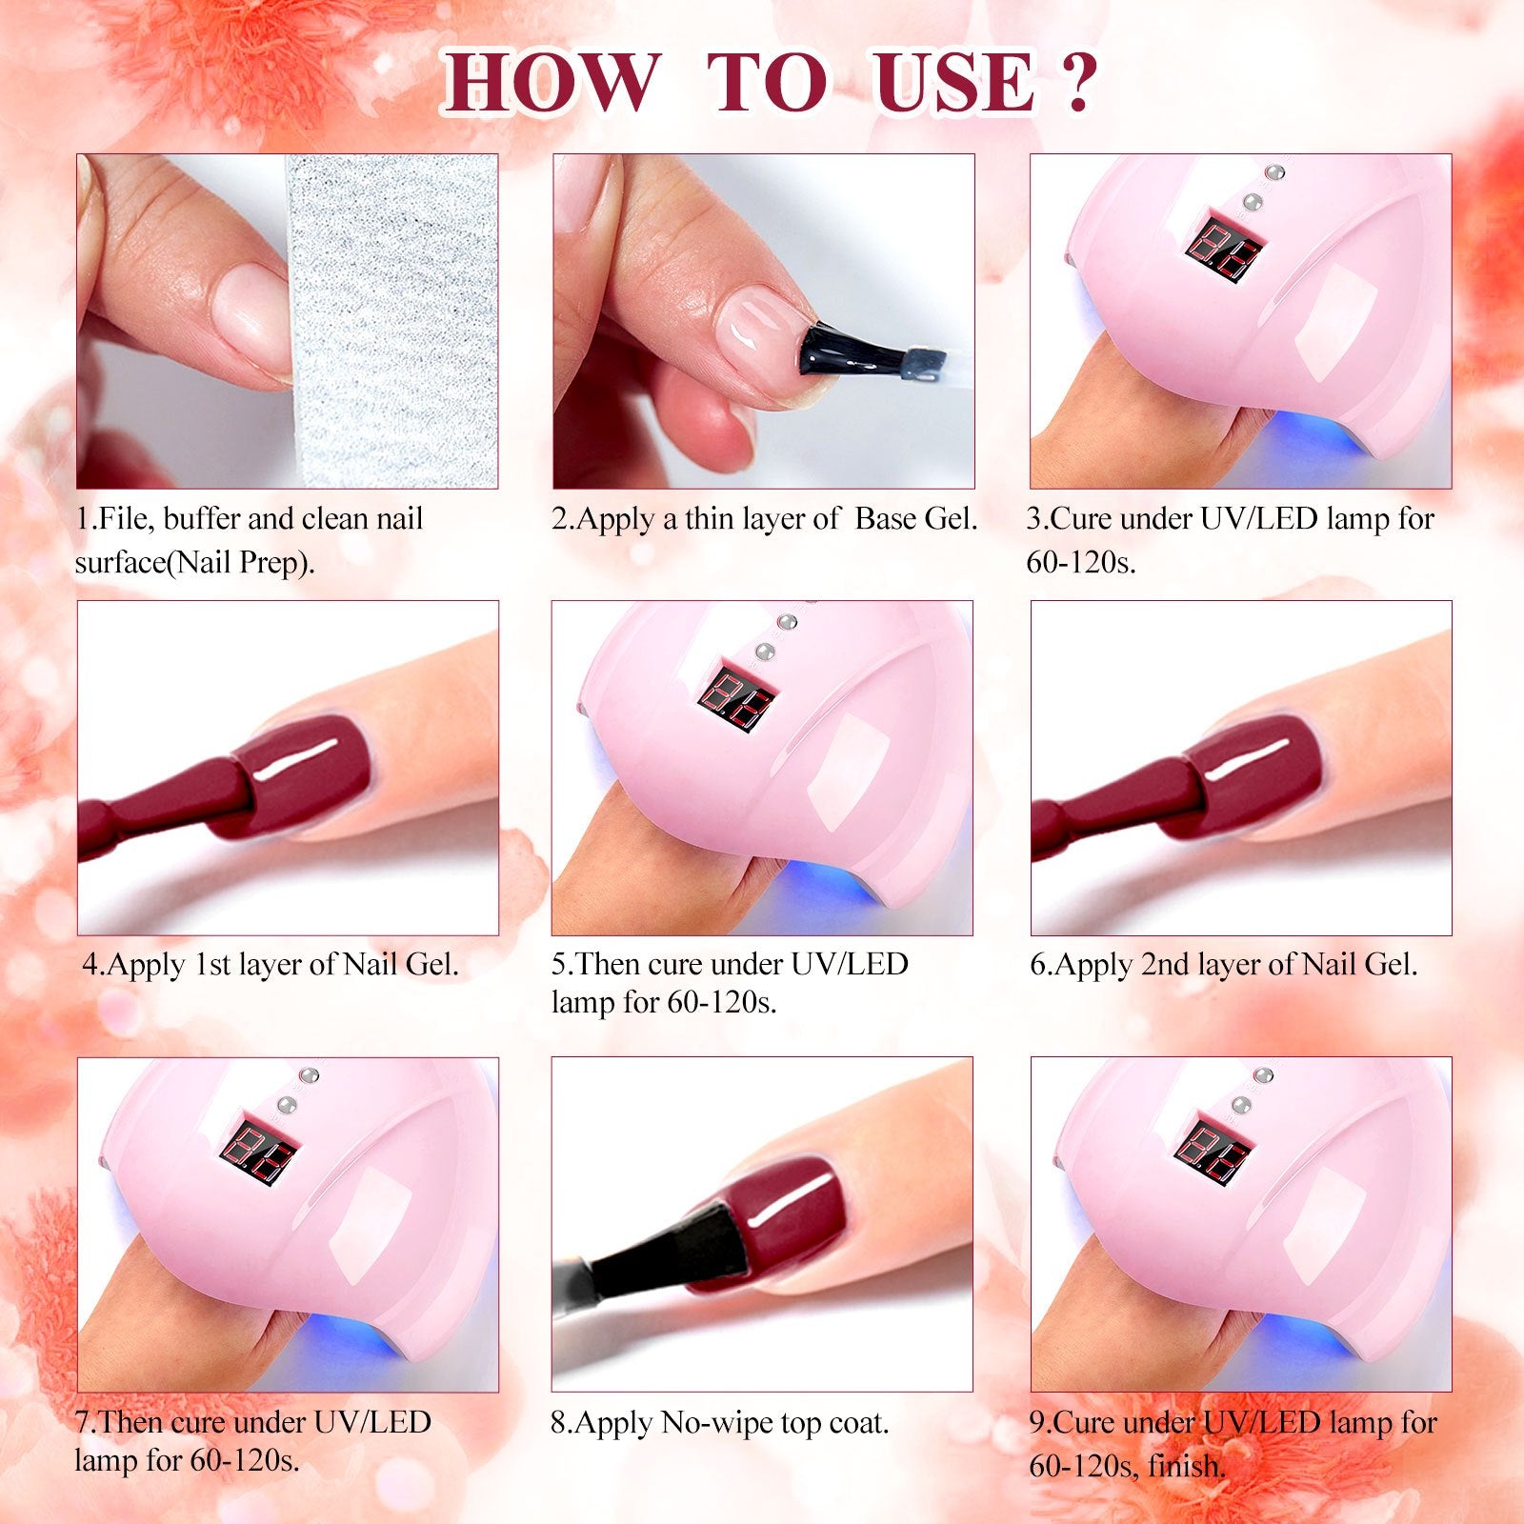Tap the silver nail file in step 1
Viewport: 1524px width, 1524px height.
click(x=391, y=321)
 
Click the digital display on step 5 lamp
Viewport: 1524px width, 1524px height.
click(x=739, y=697)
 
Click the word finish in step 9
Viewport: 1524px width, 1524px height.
click(x=1187, y=1466)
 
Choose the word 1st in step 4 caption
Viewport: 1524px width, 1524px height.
click(x=211, y=965)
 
